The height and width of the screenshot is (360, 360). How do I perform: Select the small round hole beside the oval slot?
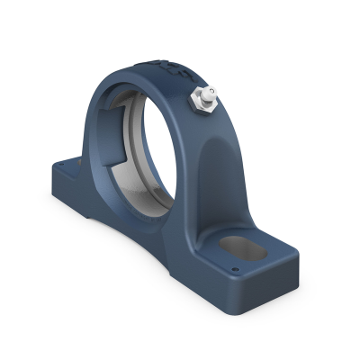[236, 267]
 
